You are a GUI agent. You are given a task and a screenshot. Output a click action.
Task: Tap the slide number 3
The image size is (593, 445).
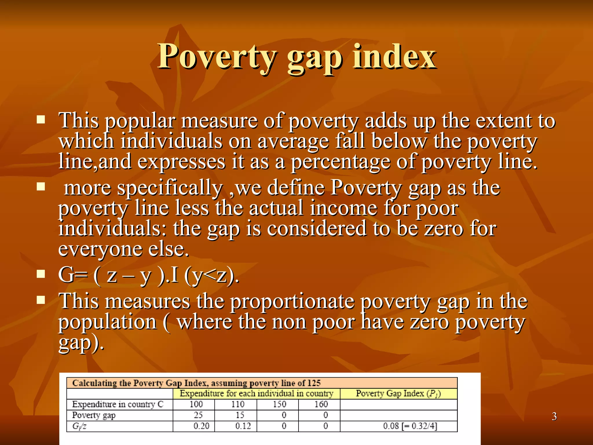[554, 416]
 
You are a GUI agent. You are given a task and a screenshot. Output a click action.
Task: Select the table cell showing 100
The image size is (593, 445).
[196, 404]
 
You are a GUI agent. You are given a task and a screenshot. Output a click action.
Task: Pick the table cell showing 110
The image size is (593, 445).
[238, 404]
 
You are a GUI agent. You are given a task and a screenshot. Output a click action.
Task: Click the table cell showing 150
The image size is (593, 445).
[279, 404]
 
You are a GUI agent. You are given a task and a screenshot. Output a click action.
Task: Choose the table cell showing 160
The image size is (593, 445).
[321, 404]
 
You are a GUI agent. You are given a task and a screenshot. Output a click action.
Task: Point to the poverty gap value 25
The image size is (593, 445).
[198, 415]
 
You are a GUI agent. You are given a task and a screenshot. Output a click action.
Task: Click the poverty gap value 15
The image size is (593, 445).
[240, 415]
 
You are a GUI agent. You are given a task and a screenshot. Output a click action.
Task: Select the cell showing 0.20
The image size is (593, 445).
[201, 426]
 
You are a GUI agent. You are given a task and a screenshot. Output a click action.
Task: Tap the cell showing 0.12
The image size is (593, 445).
[243, 426]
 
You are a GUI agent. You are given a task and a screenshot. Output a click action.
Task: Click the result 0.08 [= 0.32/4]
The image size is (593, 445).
[410, 426]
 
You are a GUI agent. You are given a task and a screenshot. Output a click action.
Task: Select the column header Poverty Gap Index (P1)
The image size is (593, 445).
[398, 393]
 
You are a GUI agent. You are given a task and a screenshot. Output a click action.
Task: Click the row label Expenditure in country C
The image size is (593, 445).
[118, 404]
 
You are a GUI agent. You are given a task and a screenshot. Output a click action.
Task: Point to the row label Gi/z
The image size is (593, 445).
[79, 426]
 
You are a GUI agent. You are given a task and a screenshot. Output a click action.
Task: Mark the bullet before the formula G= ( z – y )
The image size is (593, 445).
[41, 274]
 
